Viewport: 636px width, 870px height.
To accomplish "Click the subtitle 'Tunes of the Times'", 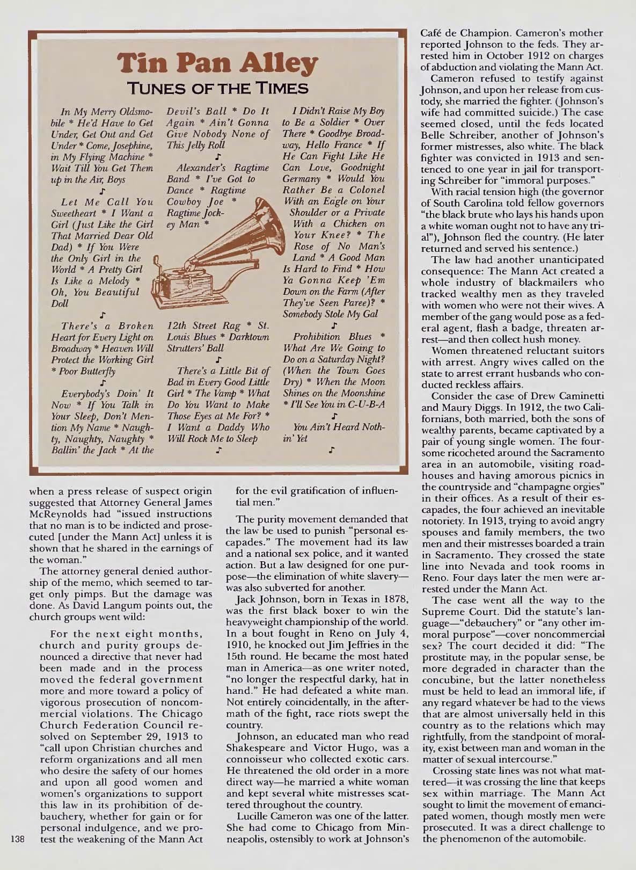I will coord(217,89).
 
